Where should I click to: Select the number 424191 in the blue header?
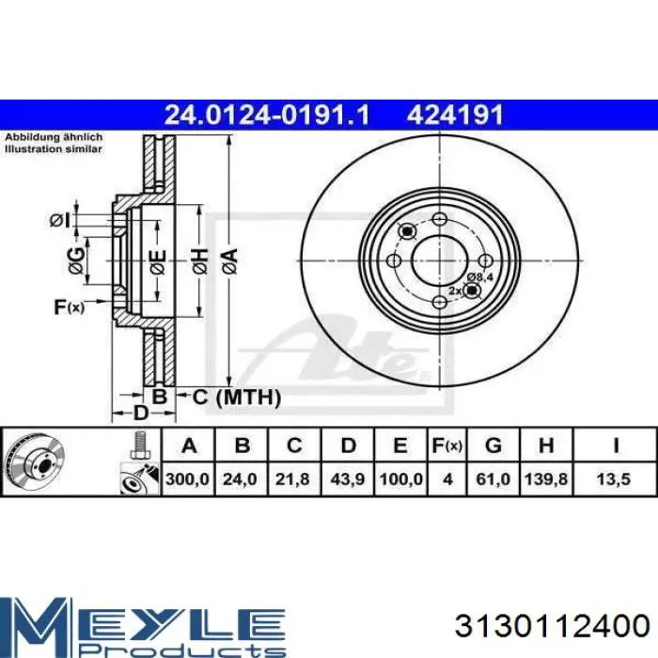[x=456, y=116]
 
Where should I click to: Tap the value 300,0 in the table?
[x=187, y=479]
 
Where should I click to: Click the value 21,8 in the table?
[x=294, y=479]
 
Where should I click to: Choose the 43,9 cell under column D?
[x=348, y=479]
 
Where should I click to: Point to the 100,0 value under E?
[x=400, y=479]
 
